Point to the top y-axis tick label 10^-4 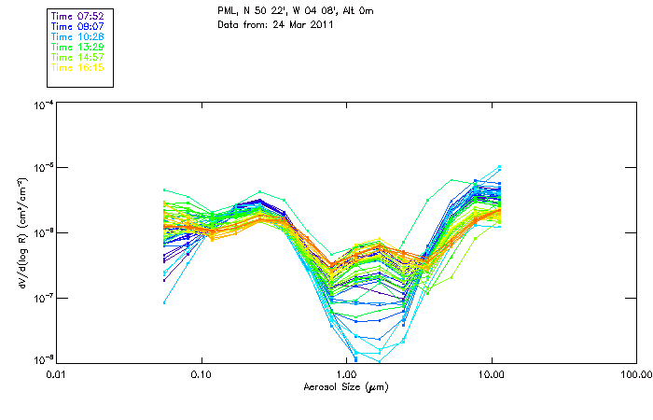[42, 104]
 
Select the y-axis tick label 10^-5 [42, 168]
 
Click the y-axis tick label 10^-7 [42, 297]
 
